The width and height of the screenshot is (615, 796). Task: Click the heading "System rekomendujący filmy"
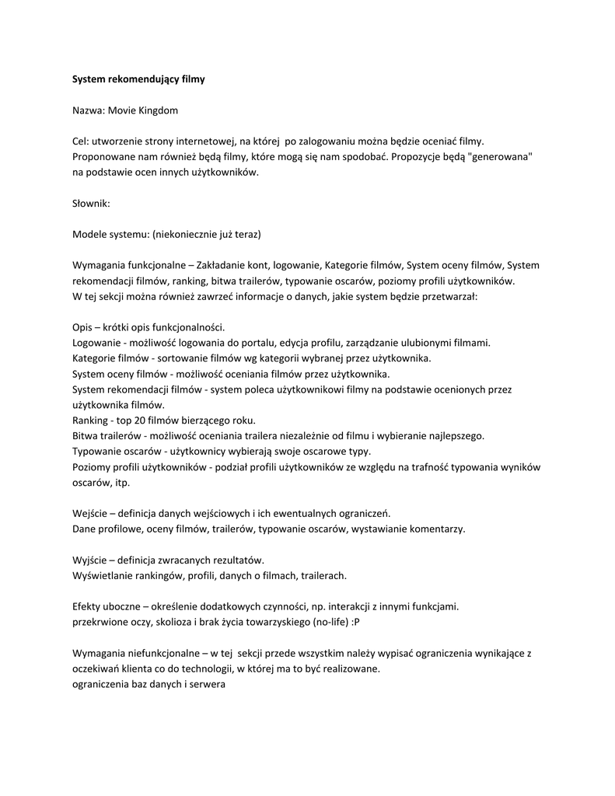[x=138, y=79]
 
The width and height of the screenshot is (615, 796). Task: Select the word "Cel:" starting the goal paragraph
[x=82, y=141]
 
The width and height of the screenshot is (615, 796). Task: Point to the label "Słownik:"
[x=92, y=203]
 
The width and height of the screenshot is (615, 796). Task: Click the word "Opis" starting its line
[x=83, y=327]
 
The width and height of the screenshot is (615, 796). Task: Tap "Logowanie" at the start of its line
[x=96, y=343]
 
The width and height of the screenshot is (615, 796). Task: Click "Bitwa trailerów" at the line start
[x=106, y=436]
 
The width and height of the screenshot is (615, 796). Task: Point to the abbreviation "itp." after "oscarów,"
[x=122, y=483]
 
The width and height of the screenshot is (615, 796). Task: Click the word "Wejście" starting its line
[x=90, y=514]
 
